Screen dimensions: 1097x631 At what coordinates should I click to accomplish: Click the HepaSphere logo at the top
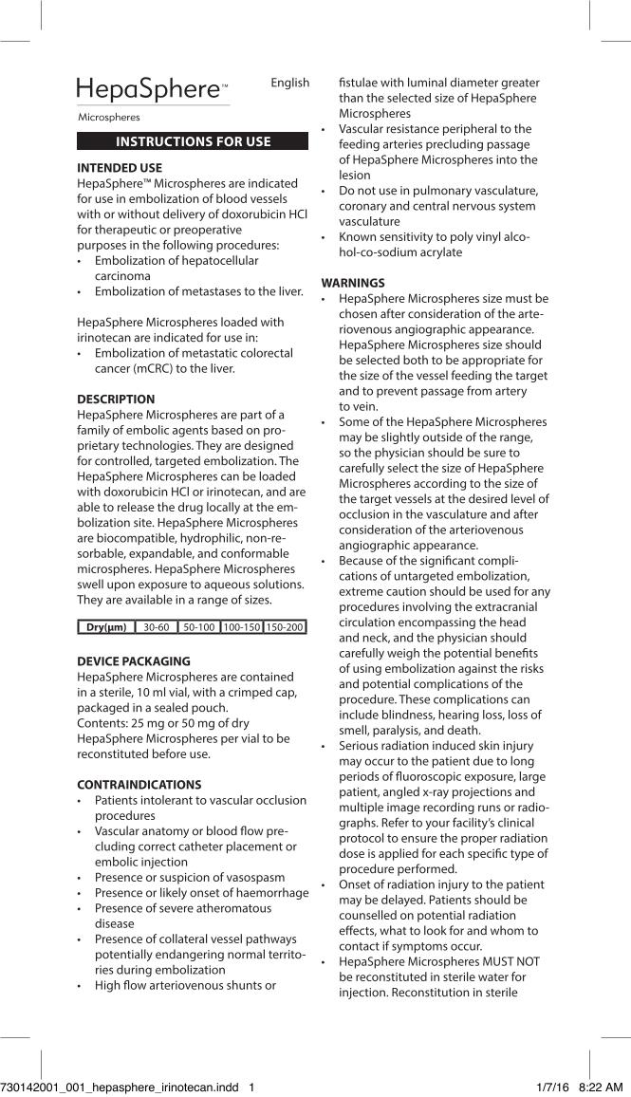(x=152, y=90)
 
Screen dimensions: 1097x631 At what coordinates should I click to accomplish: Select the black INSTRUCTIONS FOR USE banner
(x=193, y=141)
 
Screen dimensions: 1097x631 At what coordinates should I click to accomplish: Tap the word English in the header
(x=290, y=83)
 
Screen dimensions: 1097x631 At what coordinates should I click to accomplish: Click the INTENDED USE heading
(x=120, y=168)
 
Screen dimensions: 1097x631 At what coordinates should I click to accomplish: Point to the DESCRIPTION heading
(x=116, y=400)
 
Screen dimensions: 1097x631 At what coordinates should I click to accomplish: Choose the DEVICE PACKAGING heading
(x=134, y=660)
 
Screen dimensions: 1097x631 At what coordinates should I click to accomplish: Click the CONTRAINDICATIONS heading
(x=139, y=785)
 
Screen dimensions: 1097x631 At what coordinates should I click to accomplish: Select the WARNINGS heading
(x=353, y=283)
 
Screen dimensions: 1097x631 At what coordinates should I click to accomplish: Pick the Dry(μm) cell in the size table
(x=106, y=627)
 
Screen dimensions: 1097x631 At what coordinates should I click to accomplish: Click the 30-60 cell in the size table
(x=156, y=627)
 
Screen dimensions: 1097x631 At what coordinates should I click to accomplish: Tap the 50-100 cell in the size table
(x=198, y=627)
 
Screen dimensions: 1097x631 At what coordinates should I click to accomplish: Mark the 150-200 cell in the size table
(x=285, y=627)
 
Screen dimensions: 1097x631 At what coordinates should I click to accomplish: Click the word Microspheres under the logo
(x=109, y=118)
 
